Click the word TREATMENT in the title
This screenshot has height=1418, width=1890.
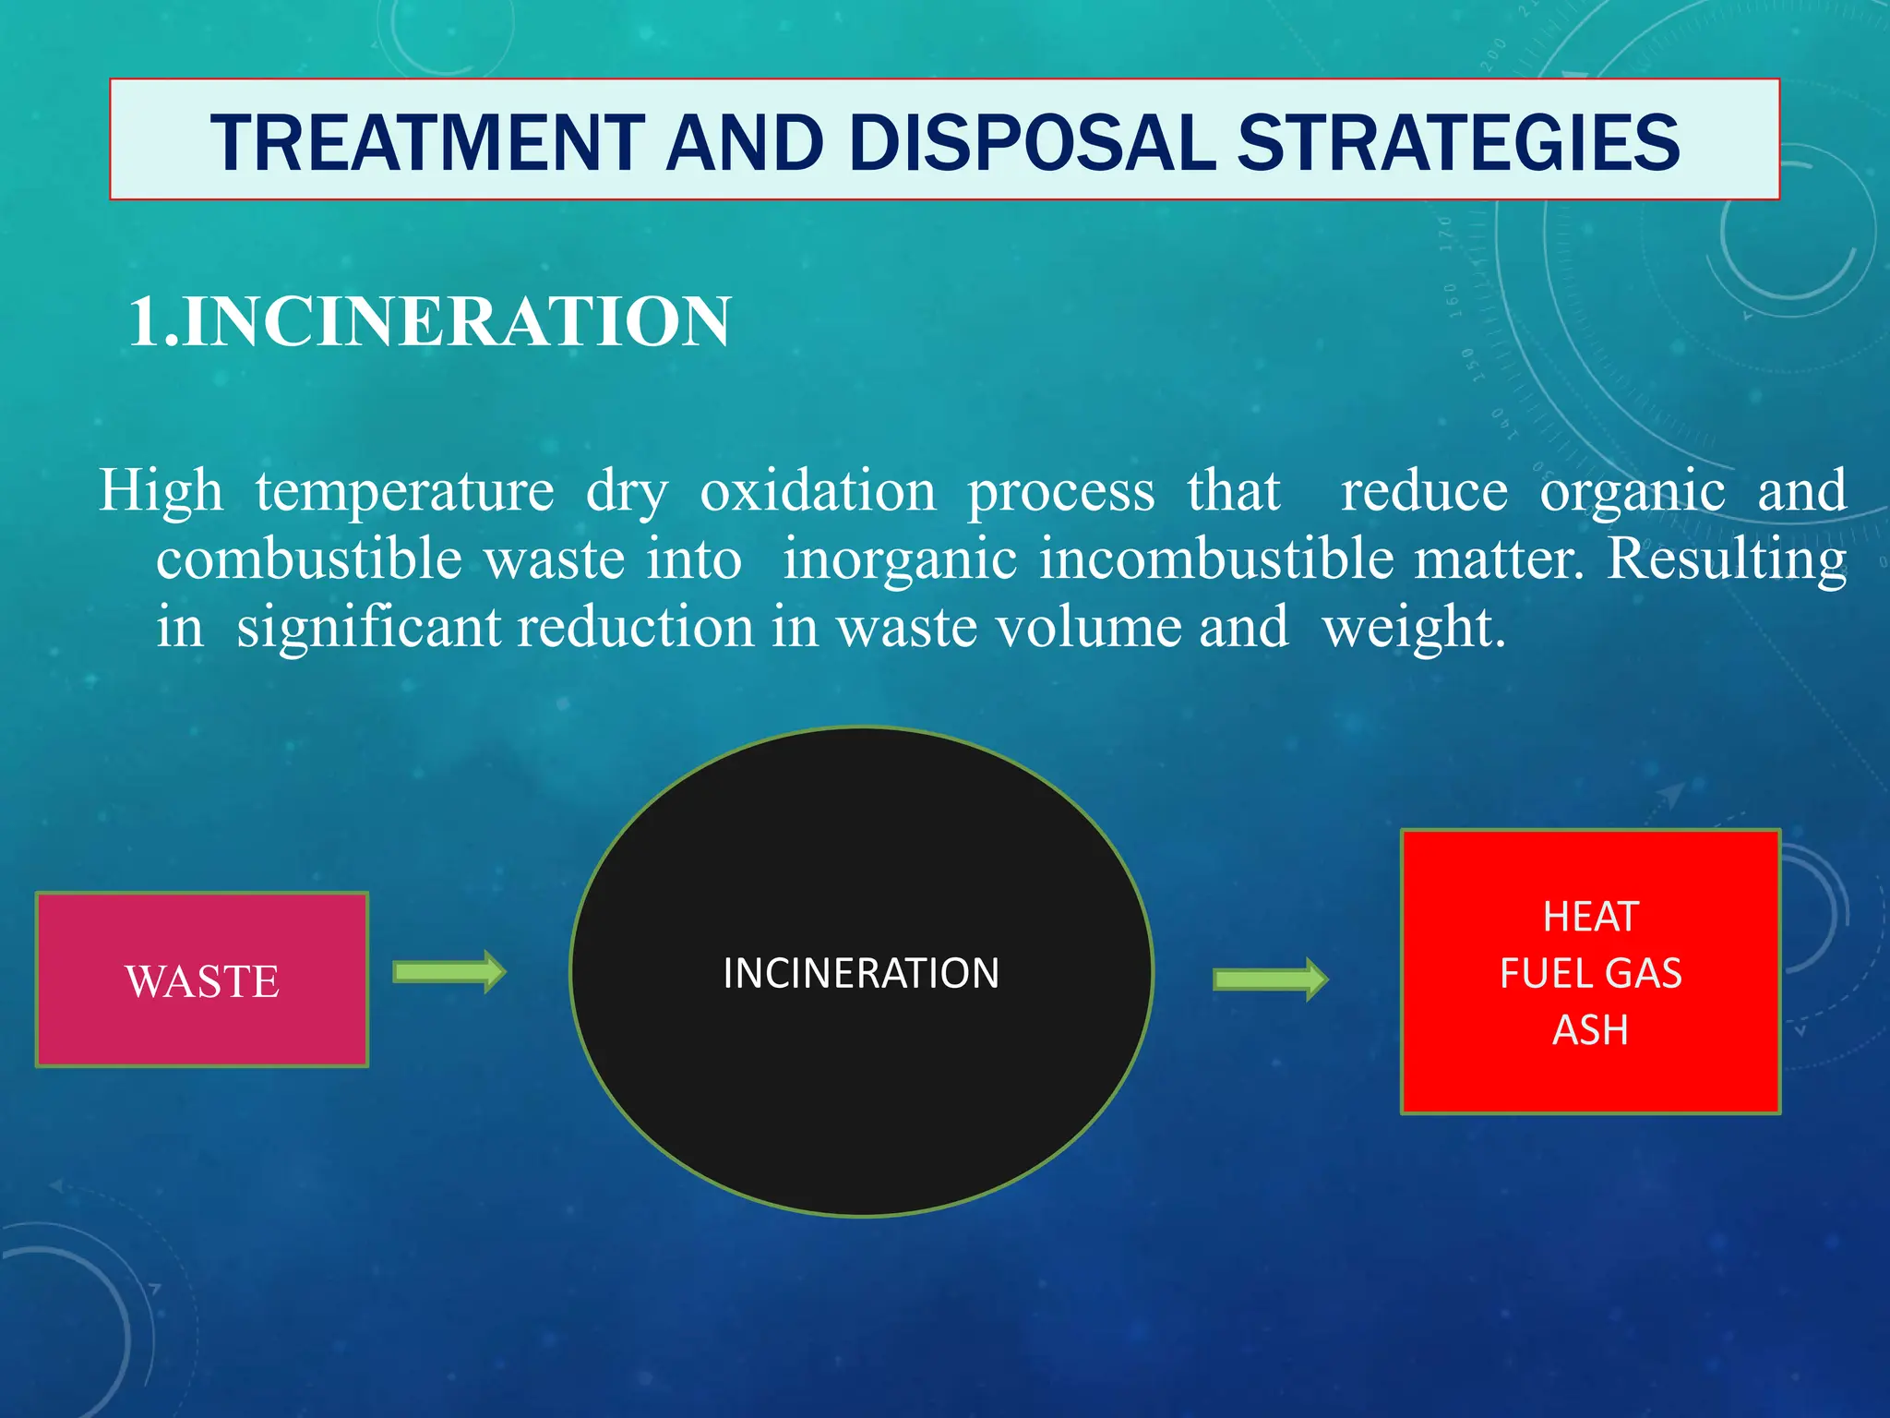427,143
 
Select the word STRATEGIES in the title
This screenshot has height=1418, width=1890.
1458,143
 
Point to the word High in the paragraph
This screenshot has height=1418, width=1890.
161,490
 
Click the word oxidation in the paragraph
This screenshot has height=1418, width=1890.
818,490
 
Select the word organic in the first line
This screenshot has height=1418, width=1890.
1632,492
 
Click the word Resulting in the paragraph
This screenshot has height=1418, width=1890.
1726,559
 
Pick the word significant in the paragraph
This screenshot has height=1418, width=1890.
368,628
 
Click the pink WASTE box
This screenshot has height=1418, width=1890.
202,979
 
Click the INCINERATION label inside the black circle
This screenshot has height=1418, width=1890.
861,973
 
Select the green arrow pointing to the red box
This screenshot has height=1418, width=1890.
1270,979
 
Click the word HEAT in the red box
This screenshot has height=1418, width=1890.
1590,917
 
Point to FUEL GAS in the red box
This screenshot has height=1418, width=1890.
1590,973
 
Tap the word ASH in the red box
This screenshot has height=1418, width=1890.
1590,1029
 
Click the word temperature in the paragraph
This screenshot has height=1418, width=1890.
404,490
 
